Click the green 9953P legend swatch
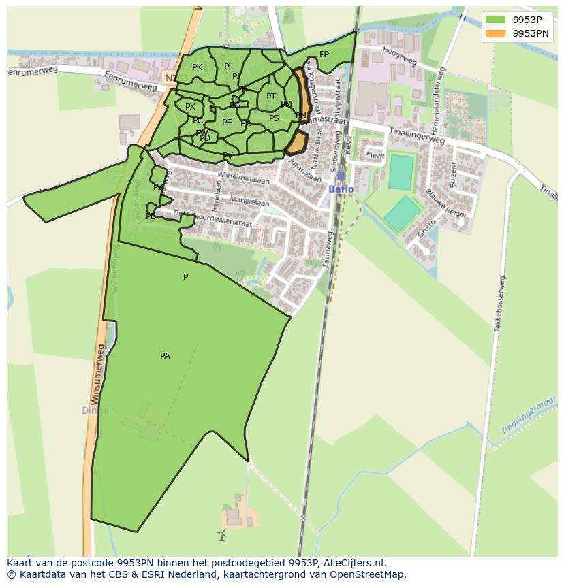[495, 19]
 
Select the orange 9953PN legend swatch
[495, 33]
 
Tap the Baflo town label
[341, 189]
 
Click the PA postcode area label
[165, 356]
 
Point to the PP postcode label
[324, 54]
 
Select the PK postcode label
[197, 67]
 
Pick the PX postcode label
[190, 107]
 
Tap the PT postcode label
[271, 97]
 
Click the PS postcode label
[274, 118]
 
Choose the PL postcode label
[229, 67]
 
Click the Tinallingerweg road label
[417, 135]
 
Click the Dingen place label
[98, 411]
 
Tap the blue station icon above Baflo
[341, 176]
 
